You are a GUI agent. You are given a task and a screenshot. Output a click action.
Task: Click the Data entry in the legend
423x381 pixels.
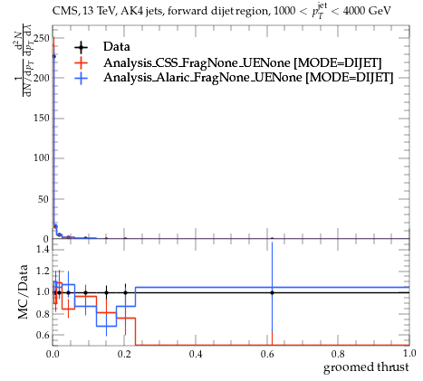coord(117,47)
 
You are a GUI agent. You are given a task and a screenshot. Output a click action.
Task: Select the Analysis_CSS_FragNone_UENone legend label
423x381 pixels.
coord(197,62)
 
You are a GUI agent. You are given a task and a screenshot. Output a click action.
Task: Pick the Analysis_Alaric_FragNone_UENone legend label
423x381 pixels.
coord(203,78)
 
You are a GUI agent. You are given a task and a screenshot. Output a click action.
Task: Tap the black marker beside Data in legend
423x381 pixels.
coord(81,47)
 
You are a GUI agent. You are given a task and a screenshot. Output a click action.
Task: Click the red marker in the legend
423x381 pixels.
coord(81,62)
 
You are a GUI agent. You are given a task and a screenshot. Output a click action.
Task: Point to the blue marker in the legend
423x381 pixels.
coord(81,78)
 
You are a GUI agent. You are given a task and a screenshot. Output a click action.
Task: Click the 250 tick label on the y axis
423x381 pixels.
coord(42,38)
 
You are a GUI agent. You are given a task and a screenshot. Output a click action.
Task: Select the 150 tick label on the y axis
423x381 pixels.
coord(42,118)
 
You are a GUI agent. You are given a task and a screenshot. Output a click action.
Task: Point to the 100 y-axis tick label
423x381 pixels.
coord(42,157)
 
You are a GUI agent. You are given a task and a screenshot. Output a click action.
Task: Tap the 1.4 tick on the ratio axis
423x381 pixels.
coord(43,249)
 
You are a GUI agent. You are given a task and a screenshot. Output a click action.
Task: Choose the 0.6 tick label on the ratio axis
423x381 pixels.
coord(43,335)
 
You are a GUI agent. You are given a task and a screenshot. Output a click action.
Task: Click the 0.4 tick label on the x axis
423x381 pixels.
coord(196,354)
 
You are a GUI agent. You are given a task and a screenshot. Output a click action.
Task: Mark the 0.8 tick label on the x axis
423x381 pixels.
coord(338,354)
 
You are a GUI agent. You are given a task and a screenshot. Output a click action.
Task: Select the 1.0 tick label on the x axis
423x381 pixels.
coord(409,353)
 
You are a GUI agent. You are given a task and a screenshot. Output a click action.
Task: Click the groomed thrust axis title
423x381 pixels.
coord(366,367)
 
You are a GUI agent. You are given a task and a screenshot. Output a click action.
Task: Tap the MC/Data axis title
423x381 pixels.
coord(23,292)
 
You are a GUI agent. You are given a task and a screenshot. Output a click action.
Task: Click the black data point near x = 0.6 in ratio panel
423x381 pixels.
coord(272,292)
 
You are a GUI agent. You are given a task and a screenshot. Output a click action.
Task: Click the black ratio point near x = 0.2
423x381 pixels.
coord(125,292)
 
